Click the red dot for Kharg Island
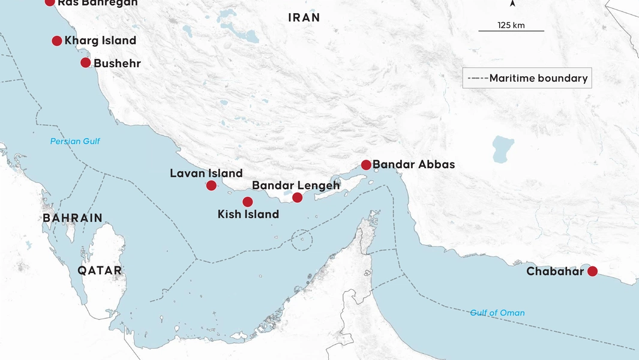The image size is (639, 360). pos(57,41)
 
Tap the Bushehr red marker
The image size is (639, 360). pos(86,62)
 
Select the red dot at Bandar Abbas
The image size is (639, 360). pos(366,164)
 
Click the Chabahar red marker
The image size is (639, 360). pos(592,271)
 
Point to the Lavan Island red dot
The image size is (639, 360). pos(211,185)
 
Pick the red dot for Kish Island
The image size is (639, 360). pos(248,202)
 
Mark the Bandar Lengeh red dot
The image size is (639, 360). pos(297,197)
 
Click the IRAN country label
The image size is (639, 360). pos(304,18)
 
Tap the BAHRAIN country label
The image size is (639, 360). pos(73,218)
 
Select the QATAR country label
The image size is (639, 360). pos(100,271)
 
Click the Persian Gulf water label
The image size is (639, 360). pos(75,142)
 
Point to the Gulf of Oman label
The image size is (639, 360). pos(497,313)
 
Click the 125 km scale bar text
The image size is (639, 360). pos(511,25)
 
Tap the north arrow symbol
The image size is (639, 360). pos(512,4)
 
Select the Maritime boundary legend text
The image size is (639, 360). pos(538,78)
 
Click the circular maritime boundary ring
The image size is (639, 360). pos(302,240)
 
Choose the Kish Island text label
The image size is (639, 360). pos(248,214)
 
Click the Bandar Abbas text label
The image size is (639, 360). pos(413,164)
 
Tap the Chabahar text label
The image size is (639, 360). pos(555,272)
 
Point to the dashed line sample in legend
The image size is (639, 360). pos(478,78)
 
